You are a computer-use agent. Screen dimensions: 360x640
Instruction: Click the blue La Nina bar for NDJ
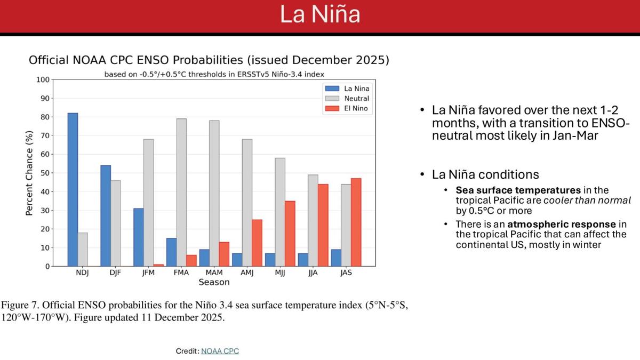pos(73,189)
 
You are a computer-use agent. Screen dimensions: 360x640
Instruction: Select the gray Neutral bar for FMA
pos(181,192)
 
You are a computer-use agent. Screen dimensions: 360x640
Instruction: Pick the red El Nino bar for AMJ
pos(257,243)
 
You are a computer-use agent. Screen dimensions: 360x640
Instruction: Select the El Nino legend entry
pos(346,108)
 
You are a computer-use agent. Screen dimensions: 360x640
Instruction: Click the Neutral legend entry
pos(346,99)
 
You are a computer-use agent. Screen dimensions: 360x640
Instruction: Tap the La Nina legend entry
pos(346,89)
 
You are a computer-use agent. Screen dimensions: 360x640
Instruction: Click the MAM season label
pos(214,273)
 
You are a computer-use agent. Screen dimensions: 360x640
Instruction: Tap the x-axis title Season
pos(214,282)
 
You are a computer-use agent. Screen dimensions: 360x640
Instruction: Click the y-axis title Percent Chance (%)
pos(30,173)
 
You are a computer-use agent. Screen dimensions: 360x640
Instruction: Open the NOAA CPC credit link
pos(220,351)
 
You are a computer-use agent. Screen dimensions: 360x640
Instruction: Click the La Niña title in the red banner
pos(320,14)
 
